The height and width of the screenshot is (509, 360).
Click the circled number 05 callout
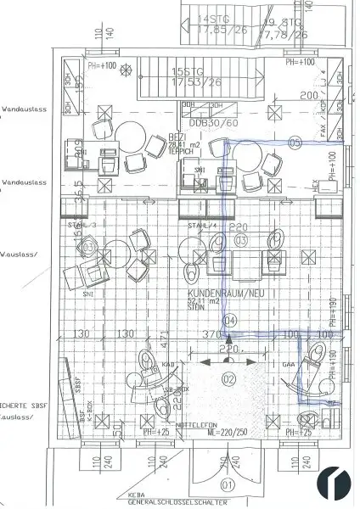[x=295, y=142]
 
